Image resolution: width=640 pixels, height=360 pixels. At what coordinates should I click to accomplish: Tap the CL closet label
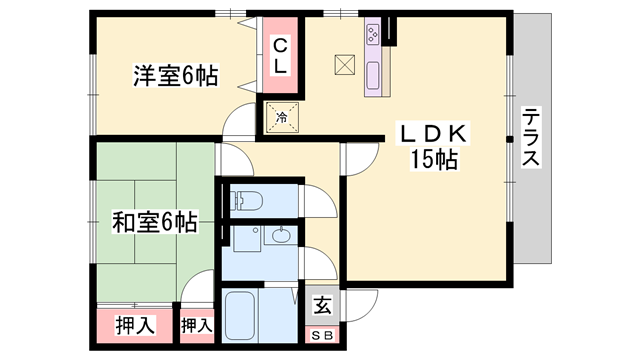(x=281, y=54)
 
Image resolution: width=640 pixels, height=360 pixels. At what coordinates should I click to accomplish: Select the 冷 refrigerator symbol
(x=281, y=118)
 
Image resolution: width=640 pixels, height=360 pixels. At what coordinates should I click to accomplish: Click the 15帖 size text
(x=433, y=159)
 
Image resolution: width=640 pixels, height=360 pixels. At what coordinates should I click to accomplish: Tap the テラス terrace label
(x=530, y=137)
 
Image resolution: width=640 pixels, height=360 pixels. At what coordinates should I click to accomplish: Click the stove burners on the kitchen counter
(x=374, y=36)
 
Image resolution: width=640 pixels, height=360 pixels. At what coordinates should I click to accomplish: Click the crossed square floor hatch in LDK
(x=345, y=64)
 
